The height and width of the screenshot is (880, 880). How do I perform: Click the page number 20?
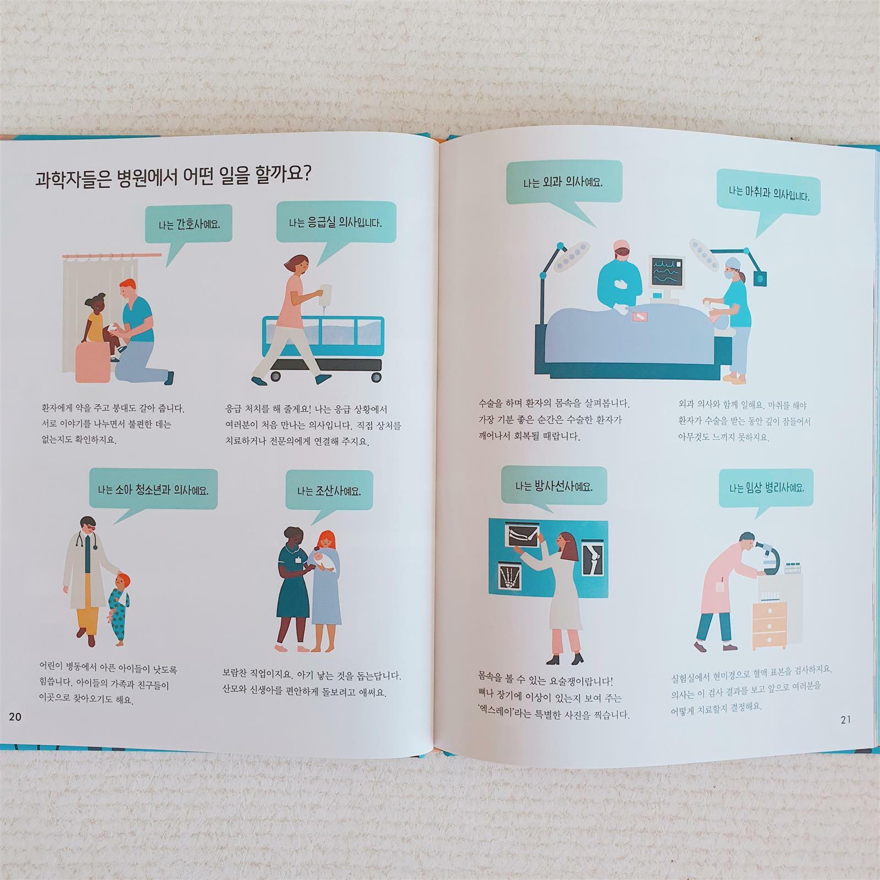pos(15,717)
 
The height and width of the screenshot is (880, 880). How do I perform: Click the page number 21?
pos(845,719)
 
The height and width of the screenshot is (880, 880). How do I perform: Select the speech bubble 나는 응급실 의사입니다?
pos(335,223)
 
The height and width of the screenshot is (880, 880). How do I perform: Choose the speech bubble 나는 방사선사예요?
pos(554,486)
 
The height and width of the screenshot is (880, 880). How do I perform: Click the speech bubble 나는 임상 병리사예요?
pos(766,488)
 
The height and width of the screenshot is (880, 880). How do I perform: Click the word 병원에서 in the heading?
pos(146,178)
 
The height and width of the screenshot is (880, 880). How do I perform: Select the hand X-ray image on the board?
pos(511,577)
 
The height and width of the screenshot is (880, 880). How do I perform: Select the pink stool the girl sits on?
pos(94,362)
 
